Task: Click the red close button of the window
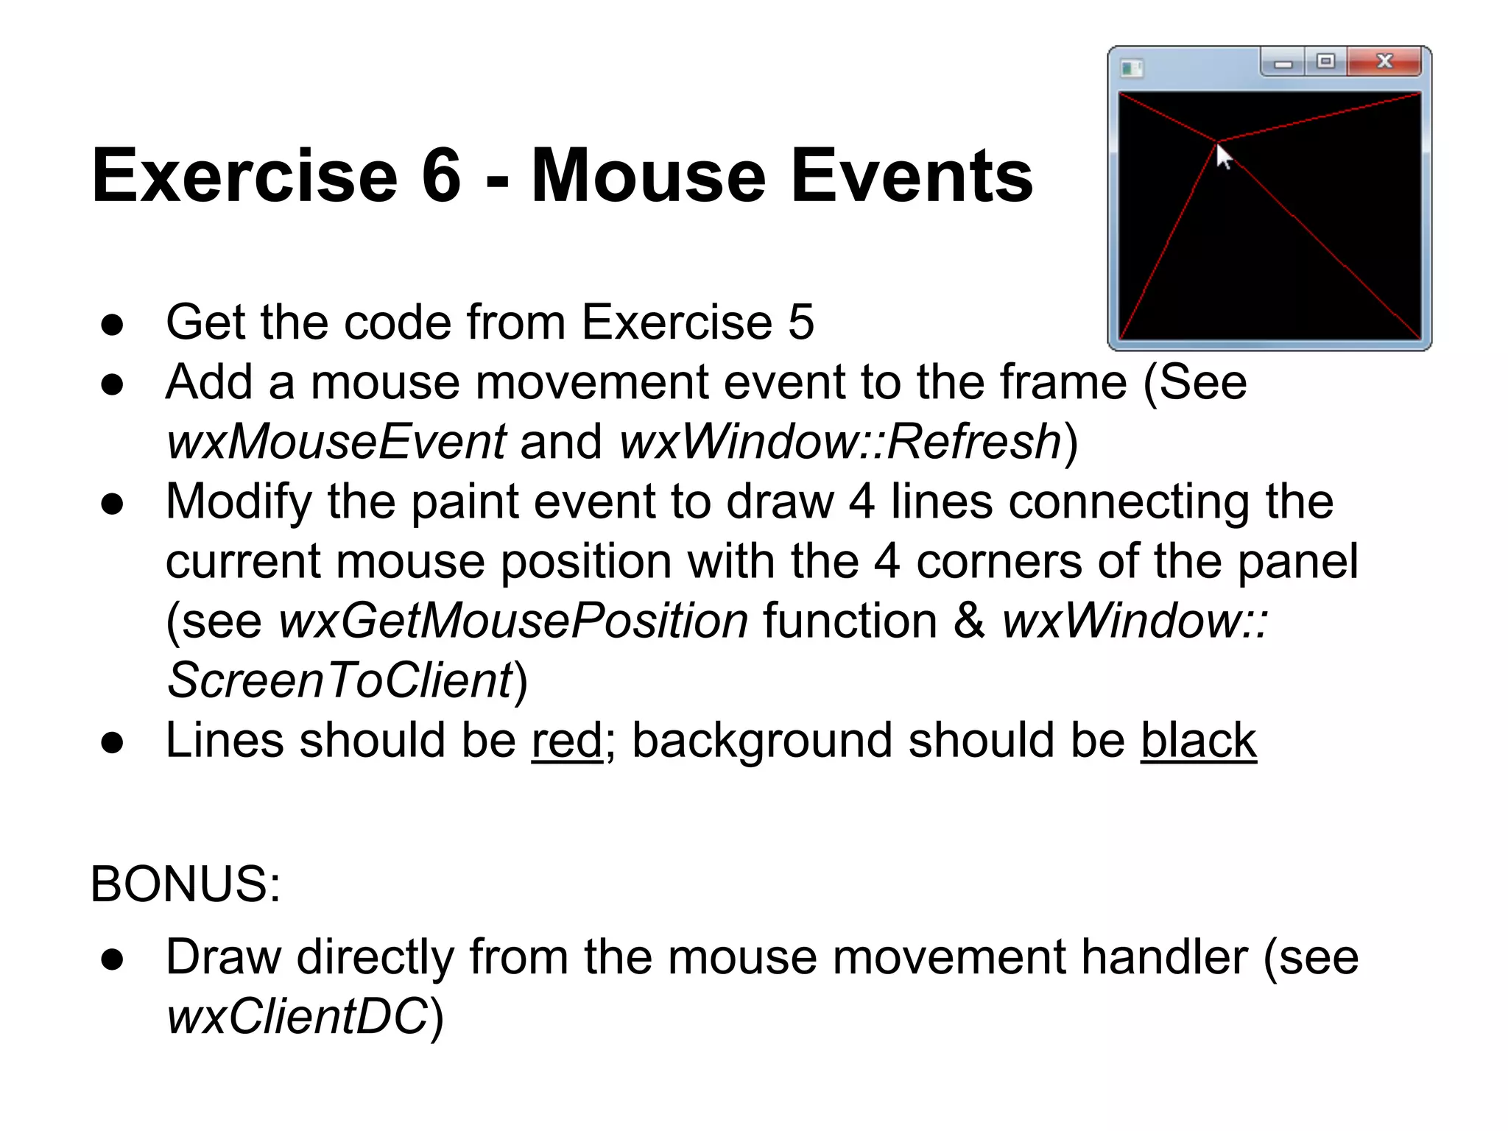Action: coord(1384,62)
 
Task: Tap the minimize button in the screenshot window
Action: coord(1283,63)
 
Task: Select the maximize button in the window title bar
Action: coord(1325,62)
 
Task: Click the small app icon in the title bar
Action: coord(1131,69)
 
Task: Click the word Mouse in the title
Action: coord(648,176)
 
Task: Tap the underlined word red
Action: coord(567,741)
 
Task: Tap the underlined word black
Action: coord(1198,741)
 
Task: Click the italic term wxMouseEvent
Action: coord(337,442)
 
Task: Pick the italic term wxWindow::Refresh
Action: coord(840,442)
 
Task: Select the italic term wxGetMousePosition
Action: coord(513,621)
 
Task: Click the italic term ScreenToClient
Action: coord(339,680)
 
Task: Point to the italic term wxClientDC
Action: coord(297,1017)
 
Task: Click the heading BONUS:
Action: coord(186,884)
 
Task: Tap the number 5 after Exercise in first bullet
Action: coord(801,323)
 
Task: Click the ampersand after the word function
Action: coord(969,621)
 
